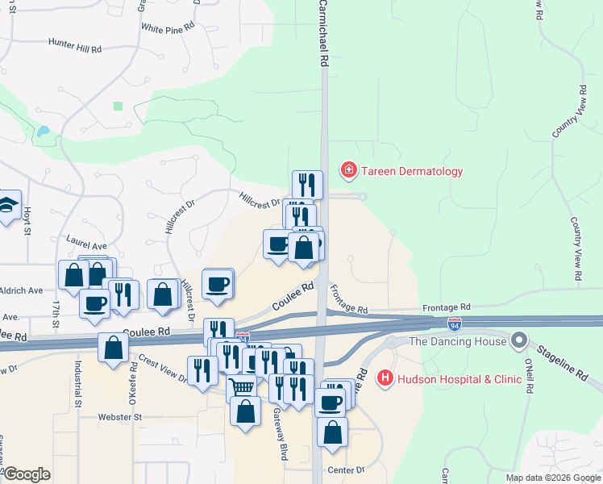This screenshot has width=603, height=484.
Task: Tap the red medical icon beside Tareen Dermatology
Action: [348, 170]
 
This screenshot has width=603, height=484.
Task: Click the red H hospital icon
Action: [385, 377]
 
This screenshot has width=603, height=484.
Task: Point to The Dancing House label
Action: [458, 341]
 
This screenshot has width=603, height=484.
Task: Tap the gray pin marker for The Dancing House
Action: [518, 341]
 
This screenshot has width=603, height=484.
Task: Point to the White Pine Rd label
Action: [168, 27]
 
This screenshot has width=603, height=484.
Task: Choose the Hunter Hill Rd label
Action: [75, 46]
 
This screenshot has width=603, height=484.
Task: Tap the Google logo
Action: [27, 474]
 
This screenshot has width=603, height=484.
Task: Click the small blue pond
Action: [42, 131]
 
